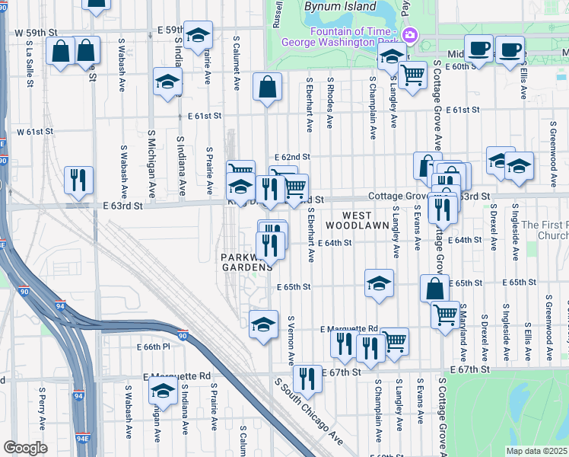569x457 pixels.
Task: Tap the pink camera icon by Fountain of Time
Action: point(410,34)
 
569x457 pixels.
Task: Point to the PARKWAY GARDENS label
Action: point(247,262)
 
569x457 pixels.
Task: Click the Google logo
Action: point(25,448)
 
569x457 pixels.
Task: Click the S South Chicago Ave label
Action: point(308,412)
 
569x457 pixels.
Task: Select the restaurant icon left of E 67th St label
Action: point(307,376)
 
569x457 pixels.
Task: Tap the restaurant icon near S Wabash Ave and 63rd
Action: point(78,180)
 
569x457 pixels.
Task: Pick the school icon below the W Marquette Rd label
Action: point(163,391)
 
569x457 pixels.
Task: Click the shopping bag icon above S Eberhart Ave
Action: point(267,86)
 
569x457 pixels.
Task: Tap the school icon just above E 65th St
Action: point(379,283)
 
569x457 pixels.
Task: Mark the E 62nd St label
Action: point(293,156)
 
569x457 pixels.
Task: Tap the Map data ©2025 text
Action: point(536,451)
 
